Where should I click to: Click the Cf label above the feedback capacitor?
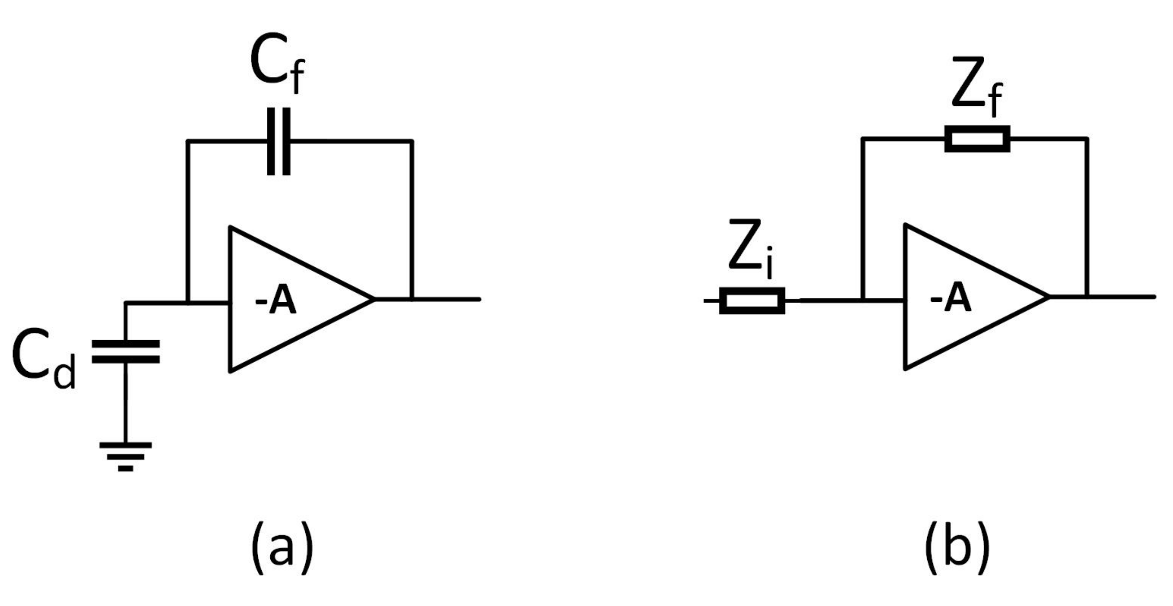[x=277, y=67]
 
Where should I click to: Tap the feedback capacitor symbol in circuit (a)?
[x=278, y=141]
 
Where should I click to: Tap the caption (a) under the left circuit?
[x=282, y=547]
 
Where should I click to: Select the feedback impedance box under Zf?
[x=977, y=139]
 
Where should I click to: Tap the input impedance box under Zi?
[x=752, y=301]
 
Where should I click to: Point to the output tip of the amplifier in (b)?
[x=1048, y=297]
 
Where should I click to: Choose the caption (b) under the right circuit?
[x=957, y=547]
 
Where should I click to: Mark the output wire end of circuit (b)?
[x=1154, y=297]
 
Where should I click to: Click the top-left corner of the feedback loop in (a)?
[x=188, y=141]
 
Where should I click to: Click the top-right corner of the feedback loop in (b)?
[x=1087, y=139]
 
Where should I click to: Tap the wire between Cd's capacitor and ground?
[x=126, y=402]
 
